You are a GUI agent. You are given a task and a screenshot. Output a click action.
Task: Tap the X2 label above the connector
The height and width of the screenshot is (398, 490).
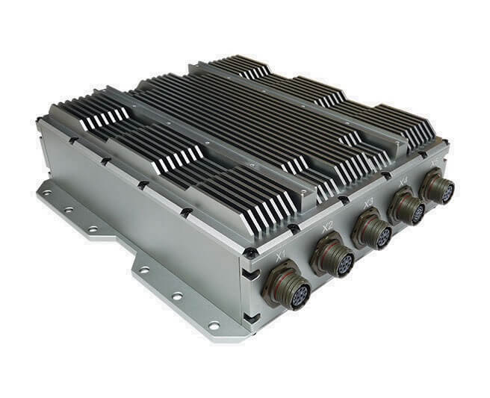[x=326, y=228]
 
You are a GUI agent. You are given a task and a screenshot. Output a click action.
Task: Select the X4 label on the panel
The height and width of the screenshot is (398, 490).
[x=403, y=181]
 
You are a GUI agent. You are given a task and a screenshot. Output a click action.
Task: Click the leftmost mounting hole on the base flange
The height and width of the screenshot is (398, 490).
[x=47, y=193]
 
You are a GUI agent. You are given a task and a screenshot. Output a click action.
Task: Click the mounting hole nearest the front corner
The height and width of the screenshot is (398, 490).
[x=214, y=326]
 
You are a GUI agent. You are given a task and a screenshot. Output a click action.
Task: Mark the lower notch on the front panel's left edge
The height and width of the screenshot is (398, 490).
[x=249, y=317]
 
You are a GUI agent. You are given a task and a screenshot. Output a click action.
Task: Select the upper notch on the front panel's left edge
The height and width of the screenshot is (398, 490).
[x=249, y=276]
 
